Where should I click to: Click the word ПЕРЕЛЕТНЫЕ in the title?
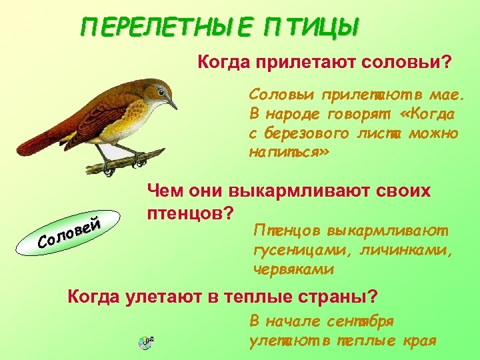pos(167,29)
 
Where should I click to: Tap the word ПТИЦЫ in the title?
pos(311,29)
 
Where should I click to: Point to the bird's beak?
pos(172,105)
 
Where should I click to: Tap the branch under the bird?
pos(127,160)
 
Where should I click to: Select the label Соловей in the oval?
pos(70,231)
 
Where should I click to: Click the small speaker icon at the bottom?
pos(146,343)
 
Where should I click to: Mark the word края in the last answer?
pos(419,341)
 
